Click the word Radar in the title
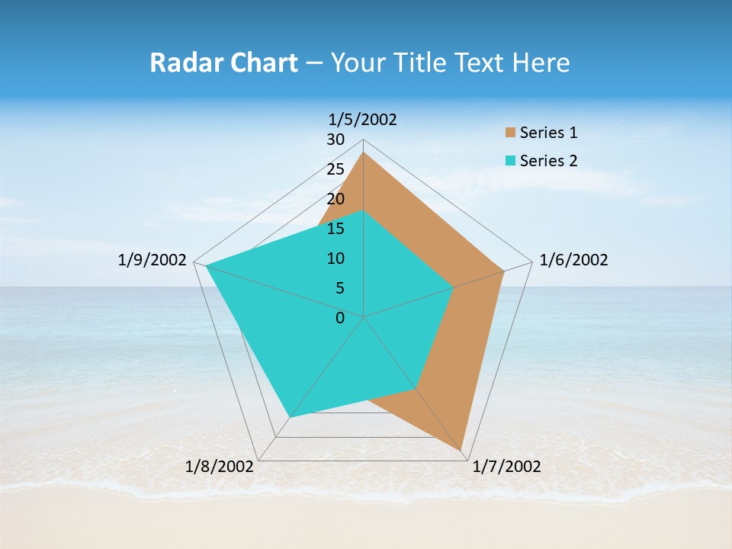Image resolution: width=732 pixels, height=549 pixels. pyautogui.click(x=184, y=63)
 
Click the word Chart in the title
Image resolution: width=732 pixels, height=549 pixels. pyautogui.click(x=259, y=63)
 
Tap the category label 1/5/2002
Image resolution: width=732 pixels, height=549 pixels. pyautogui.click(x=363, y=119)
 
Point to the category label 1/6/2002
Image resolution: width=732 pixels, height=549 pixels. pyautogui.click(x=573, y=260)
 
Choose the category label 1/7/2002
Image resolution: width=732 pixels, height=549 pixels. pyautogui.click(x=506, y=467)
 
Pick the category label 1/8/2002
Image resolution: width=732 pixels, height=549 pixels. pyautogui.click(x=220, y=467)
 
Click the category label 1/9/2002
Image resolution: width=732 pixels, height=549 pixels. pyautogui.click(x=152, y=260)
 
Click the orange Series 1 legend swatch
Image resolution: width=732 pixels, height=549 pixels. pyautogui.click(x=510, y=133)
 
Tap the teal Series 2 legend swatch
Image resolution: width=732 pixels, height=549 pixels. pyautogui.click(x=510, y=161)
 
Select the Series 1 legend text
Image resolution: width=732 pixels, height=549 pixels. pyautogui.click(x=548, y=133)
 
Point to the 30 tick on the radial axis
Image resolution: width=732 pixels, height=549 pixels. pyautogui.click(x=335, y=140)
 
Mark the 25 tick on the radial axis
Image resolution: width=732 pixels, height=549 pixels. pyautogui.click(x=335, y=169)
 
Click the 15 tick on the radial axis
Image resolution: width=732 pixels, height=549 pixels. pyautogui.click(x=335, y=229)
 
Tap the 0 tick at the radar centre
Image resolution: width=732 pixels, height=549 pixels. pyautogui.click(x=340, y=318)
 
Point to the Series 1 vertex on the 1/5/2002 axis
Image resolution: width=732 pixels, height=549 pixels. pyautogui.click(x=363, y=152)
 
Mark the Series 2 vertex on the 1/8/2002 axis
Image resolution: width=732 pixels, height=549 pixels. pyautogui.click(x=290, y=417)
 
